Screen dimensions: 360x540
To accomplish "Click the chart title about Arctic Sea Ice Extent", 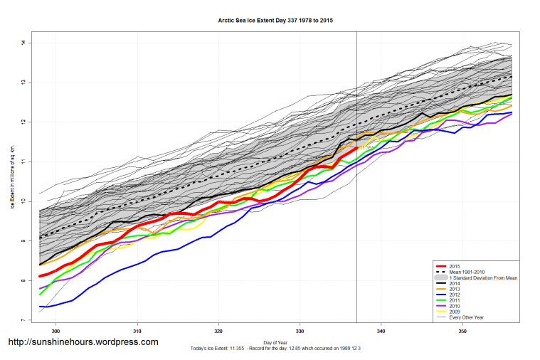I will [275, 20].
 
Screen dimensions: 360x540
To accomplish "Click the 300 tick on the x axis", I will [55, 331].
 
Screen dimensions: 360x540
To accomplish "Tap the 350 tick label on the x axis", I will [463, 331].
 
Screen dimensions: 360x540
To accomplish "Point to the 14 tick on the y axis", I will [23, 43].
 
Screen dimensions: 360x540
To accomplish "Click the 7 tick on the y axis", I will [23, 321].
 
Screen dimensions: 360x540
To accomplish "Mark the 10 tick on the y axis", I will [23, 201].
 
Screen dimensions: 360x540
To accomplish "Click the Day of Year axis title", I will [275, 343].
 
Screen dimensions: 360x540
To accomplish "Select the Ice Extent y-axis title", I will [13, 181].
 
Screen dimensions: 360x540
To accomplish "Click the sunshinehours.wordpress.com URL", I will [83, 342].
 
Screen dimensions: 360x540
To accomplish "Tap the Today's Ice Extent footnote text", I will [275, 349].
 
